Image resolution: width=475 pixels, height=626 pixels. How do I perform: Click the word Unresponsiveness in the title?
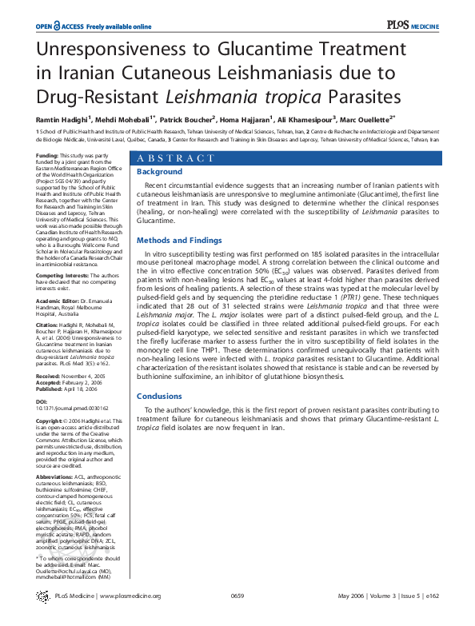pos(113,50)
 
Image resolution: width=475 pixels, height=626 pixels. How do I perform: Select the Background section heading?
pos(160,172)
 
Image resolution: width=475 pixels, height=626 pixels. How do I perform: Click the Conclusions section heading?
pos(159,396)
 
